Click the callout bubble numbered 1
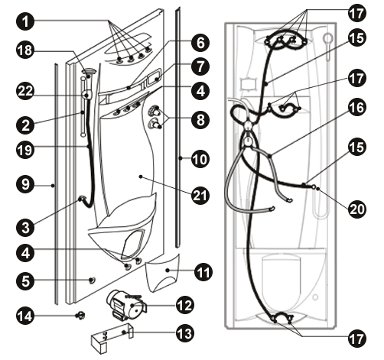point(25,21)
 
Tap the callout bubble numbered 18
point(25,50)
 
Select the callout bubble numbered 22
point(25,91)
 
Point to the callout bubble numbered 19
point(25,150)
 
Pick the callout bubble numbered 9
point(25,184)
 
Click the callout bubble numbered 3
point(25,227)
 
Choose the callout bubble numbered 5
point(25,281)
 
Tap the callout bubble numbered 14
point(25,316)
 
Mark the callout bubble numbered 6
point(200,43)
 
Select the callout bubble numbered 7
point(200,66)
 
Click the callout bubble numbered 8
point(200,119)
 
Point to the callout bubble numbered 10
point(200,159)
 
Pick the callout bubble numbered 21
point(200,196)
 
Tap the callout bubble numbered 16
point(357,107)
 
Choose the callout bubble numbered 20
point(357,209)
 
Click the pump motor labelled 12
point(126,305)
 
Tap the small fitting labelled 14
point(80,316)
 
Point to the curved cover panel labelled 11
point(163,273)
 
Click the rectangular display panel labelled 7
point(155,76)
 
